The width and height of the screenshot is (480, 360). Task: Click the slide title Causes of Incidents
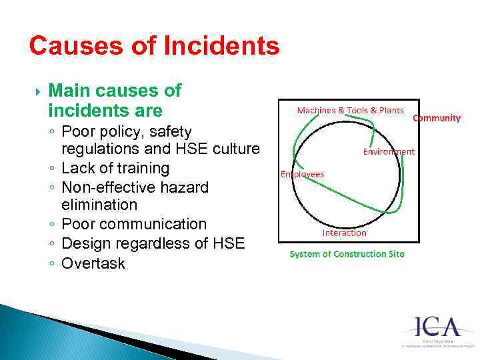tap(154, 47)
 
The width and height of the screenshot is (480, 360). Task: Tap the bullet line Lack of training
tap(115, 168)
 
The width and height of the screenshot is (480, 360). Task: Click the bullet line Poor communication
tap(134, 224)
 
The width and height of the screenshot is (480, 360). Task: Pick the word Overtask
tap(93, 263)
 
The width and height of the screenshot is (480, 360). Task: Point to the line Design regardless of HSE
tap(153, 244)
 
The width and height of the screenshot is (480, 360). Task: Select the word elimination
tap(99, 205)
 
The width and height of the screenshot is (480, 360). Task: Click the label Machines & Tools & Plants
tap(350, 110)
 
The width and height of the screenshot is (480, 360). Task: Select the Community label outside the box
tap(437, 118)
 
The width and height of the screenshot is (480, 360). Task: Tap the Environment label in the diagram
tap(389, 151)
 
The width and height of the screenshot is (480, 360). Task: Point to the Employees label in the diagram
tap(302, 174)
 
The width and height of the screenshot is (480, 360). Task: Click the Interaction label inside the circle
tap(344, 233)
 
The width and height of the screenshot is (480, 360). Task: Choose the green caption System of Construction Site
tap(347, 254)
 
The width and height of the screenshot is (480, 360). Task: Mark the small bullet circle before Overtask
tap(51, 264)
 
